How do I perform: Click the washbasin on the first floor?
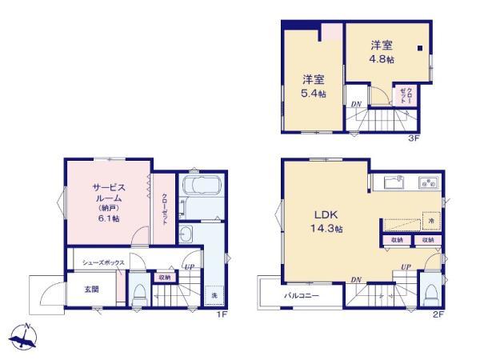[x=186, y=234]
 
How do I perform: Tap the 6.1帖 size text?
[x=106, y=217]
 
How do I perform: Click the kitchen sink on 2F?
[x=395, y=183]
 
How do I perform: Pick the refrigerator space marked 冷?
[x=431, y=221]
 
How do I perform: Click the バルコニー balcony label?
[x=302, y=294]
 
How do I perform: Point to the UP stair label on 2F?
[x=406, y=266]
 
